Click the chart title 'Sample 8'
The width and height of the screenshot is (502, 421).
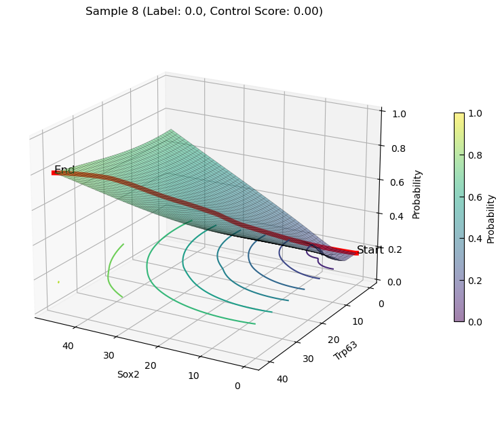(113, 12)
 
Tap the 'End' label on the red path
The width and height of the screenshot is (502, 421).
(64, 169)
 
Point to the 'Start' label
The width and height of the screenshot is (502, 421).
(370, 250)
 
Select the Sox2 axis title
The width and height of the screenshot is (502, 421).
(128, 374)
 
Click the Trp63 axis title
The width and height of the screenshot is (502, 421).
(345, 350)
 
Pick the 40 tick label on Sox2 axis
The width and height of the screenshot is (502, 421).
(68, 346)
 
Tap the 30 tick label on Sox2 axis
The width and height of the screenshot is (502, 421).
(109, 355)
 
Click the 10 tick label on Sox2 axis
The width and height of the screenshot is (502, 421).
(193, 376)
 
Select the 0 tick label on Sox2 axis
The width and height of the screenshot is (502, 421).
(237, 386)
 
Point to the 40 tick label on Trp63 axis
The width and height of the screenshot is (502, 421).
(282, 379)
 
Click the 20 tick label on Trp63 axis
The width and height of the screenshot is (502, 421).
(334, 340)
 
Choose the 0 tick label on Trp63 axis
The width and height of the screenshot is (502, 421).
(381, 304)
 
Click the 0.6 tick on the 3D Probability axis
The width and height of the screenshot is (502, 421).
(397, 182)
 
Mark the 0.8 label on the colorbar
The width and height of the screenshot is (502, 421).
(475, 155)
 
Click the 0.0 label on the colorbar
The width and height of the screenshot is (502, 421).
(475, 322)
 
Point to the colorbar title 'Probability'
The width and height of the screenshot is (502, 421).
(490, 220)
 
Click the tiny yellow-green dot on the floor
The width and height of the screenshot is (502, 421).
(58, 282)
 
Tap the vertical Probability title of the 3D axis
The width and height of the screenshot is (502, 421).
(417, 195)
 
